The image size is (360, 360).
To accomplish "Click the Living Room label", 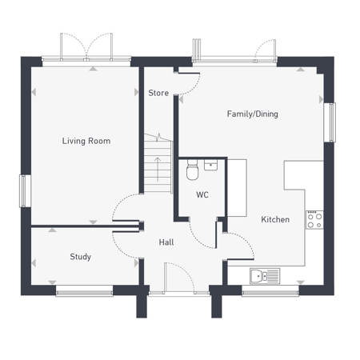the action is (86, 141).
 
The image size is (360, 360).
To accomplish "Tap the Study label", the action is (80, 257).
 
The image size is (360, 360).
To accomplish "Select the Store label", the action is (158, 93).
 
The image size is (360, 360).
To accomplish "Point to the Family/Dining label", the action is (253, 114).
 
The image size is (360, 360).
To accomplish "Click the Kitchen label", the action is (275, 219).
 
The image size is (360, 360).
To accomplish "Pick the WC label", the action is (202, 194).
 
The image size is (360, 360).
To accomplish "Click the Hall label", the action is (166, 242).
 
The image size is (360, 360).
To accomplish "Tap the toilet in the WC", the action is (192, 170).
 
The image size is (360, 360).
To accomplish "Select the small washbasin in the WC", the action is (210, 165).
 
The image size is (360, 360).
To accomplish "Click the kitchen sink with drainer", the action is (265, 276).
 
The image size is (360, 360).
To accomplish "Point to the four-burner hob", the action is (314, 220).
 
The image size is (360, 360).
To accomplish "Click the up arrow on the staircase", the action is (158, 170).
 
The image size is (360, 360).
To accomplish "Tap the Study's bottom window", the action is (84, 293).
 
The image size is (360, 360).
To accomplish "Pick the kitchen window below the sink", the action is (270, 293).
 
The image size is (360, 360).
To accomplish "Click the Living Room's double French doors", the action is (86, 47).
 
